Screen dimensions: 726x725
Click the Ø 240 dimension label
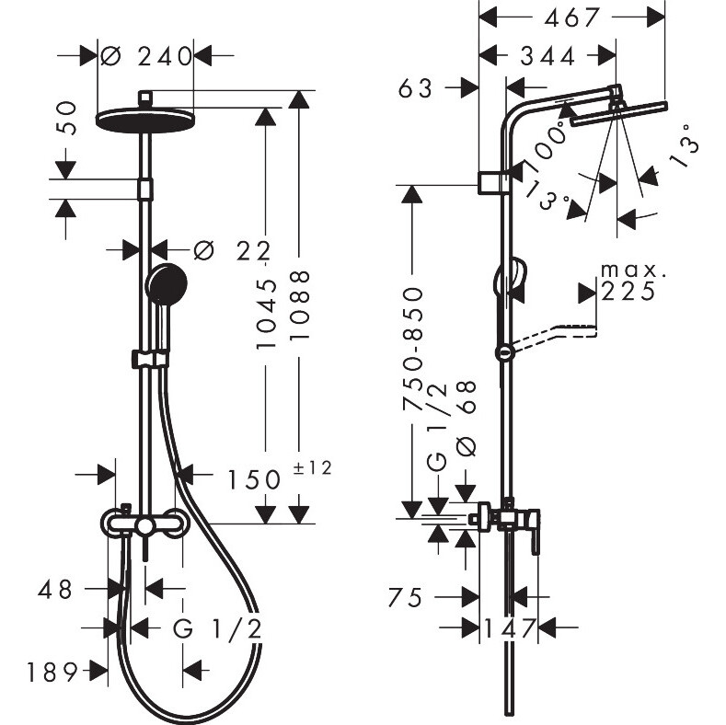click(146, 56)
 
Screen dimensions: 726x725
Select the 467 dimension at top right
click(571, 18)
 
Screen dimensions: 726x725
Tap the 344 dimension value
click(547, 56)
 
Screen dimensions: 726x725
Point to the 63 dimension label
click(415, 88)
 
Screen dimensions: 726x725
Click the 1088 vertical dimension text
click(300, 305)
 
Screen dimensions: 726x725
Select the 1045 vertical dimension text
click(266, 314)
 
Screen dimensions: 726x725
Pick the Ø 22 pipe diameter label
click(232, 251)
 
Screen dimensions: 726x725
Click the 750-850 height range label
click(413, 349)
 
